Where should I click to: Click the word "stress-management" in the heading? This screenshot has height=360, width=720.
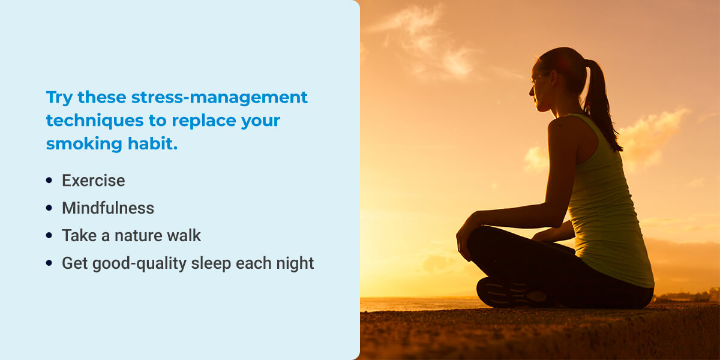click(x=219, y=97)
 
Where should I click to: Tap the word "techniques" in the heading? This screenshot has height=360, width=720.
click(x=95, y=121)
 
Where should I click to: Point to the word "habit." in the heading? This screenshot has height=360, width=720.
click(x=152, y=143)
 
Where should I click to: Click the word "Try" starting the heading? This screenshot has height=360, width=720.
click(x=59, y=98)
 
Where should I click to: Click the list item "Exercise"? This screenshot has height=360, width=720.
click(x=93, y=181)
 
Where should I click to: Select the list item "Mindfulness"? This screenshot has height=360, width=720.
click(x=108, y=208)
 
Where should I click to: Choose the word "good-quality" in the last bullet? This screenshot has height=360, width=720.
click(x=139, y=264)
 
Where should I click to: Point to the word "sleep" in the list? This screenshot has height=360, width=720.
click(x=211, y=264)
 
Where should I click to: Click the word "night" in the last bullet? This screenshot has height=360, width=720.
click(x=295, y=263)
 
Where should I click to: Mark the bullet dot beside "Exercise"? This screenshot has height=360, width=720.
click(x=49, y=180)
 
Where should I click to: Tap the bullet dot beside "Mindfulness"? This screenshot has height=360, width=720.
click(x=49, y=208)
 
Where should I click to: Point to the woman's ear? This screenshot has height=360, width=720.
click(x=554, y=77)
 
